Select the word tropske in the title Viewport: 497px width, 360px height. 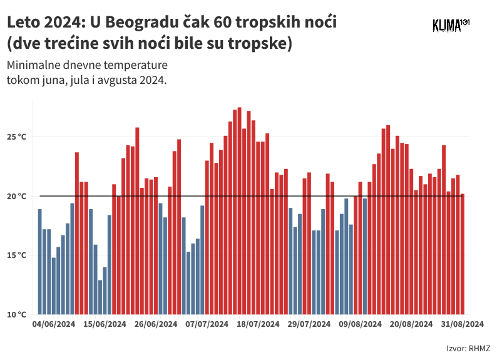click(x=262, y=44)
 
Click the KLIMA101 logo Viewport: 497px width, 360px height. click(x=451, y=25)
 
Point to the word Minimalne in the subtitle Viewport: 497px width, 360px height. click(x=32, y=66)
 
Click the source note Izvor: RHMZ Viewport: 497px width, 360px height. click(x=468, y=349)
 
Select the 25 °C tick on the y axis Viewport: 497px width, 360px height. click(x=18, y=137)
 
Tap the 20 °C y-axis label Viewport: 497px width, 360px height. click(x=18, y=196)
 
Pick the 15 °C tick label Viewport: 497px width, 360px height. click(x=18, y=255)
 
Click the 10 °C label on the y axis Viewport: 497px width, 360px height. click(x=18, y=314)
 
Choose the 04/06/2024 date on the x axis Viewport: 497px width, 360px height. click(x=54, y=324)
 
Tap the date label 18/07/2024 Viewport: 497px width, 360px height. click(x=258, y=324)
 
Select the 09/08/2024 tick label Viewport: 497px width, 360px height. click(x=360, y=324)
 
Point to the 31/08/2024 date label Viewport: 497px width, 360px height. click(x=462, y=324)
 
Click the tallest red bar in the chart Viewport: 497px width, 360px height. click(x=239, y=210)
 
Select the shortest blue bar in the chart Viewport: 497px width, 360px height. click(x=100, y=297)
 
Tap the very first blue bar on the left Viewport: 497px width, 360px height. click(x=39, y=262)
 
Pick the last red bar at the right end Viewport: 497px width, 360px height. click(x=462, y=254)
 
